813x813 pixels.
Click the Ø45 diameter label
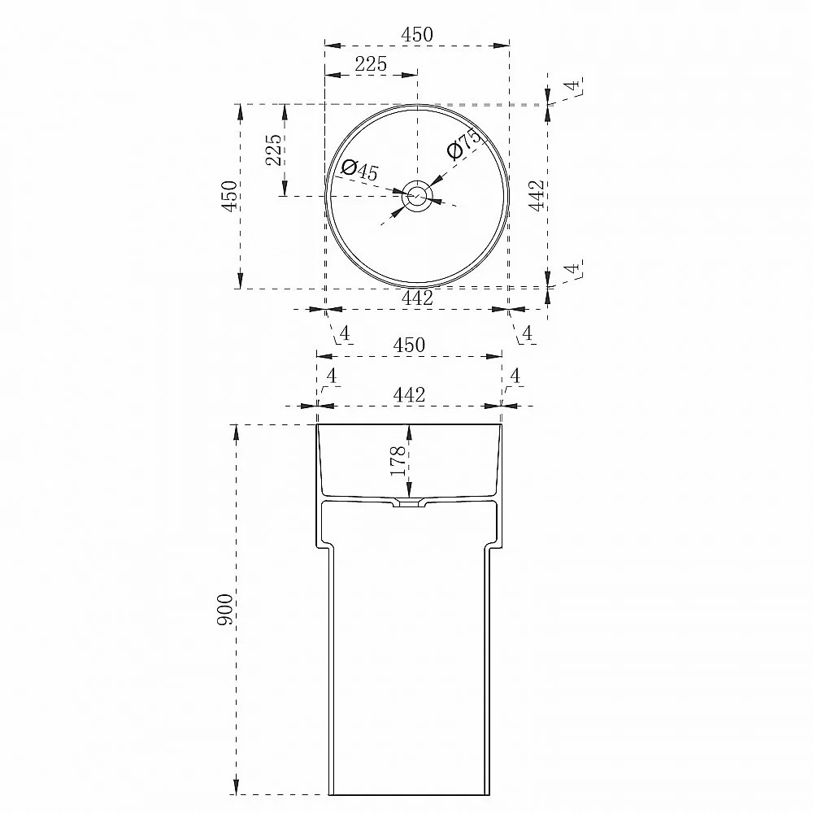(x=360, y=170)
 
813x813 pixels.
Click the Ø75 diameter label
(x=464, y=144)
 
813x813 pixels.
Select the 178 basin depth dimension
(x=398, y=460)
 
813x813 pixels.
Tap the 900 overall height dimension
(x=225, y=610)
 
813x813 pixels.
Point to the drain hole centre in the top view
(x=416, y=196)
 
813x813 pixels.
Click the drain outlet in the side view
(x=410, y=502)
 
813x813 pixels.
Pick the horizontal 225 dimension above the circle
(x=371, y=63)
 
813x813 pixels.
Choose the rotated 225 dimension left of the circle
(x=274, y=150)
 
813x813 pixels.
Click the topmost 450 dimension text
(x=417, y=35)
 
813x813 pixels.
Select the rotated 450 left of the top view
(x=230, y=195)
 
